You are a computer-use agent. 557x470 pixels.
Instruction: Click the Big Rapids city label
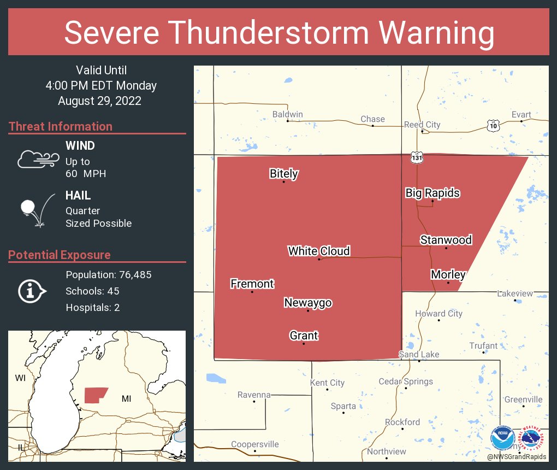(x=432, y=193)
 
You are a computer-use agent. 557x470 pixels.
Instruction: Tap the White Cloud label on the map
(x=319, y=251)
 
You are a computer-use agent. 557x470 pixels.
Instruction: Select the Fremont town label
(x=252, y=284)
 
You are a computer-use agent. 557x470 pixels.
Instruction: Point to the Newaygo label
(x=307, y=303)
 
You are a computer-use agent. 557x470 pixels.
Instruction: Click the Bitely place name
(x=283, y=174)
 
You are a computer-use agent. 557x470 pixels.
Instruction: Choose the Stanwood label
(x=446, y=240)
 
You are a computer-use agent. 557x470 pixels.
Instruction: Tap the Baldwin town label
(x=287, y=114)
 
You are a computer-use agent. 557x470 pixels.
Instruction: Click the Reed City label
(x=422, y=125)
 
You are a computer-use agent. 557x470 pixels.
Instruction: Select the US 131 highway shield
(x=417, y=157)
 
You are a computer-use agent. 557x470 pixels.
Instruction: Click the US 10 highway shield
(x=493, y=126)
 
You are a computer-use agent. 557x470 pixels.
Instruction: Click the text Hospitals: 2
(x=93, y=307)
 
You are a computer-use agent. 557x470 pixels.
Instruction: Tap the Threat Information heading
(x=61, y=126)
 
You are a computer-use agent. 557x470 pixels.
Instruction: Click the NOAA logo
(x=502, y=438)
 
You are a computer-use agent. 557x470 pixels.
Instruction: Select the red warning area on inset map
(x=95, y=395)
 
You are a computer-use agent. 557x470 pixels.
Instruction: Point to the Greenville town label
(x=523, y=399)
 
